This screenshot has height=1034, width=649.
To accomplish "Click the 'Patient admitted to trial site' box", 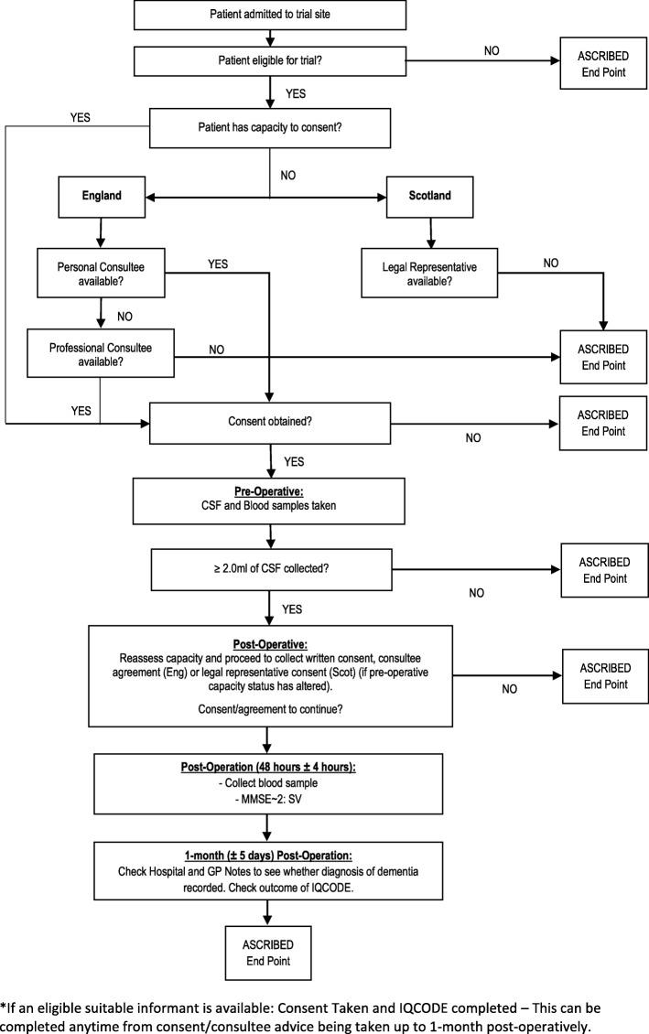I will (270, 16).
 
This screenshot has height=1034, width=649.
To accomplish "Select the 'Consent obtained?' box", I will (269, 424).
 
